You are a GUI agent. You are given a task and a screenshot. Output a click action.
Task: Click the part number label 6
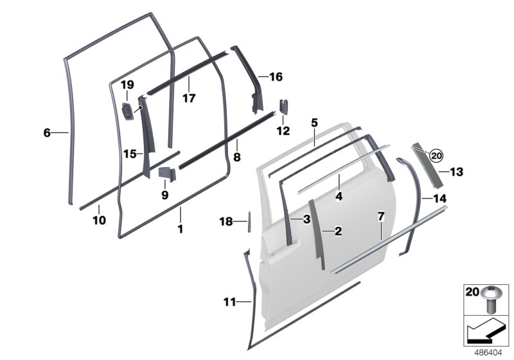click(x=46, y=133)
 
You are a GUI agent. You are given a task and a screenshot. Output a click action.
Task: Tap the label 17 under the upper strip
click(x=188, y=99)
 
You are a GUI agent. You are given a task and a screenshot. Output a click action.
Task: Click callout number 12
click(x=283, y=131)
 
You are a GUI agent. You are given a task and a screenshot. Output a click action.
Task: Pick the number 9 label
click(x=164, y=194)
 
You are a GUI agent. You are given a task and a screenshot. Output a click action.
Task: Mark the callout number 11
click(x=230, y=301)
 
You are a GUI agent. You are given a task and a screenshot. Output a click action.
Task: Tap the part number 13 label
click(x=456, y=172)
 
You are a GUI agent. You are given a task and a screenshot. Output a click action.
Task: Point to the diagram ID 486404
click(x=490, y=353)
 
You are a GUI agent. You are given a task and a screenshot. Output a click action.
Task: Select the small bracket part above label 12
click(x=283, y=107)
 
